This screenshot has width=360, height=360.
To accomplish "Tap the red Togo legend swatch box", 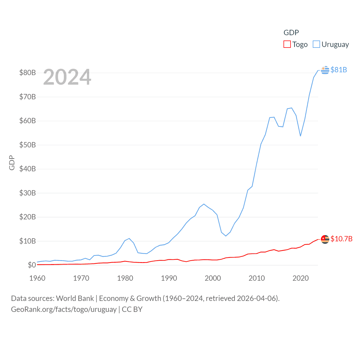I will [287, 44].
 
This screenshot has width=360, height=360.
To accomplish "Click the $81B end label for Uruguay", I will [339, 70].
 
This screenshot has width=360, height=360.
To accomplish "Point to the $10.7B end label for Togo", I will [341, 239].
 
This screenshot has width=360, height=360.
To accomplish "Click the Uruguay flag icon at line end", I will [325, 70].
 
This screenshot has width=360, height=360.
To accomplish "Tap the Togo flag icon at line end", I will [325, 239].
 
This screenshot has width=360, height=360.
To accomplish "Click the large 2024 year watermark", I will [67, 77].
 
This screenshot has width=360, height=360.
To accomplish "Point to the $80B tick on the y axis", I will [28, 73].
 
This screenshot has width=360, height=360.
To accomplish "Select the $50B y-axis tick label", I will [28, 145].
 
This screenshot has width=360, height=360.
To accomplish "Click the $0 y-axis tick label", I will [32, 265].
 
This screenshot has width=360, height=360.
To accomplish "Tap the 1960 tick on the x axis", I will [37, 278].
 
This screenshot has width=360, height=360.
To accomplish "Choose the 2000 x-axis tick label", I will [213, 278].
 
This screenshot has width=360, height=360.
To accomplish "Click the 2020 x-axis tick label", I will [301, 278].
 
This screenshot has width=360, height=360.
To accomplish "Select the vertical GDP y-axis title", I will [12, 163].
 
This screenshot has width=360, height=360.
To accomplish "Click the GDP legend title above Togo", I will [291, 33].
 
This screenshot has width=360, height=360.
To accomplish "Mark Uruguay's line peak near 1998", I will [204, 204].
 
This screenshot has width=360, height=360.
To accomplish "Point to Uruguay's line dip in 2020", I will [300, 136].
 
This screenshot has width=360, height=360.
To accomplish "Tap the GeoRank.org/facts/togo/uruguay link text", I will [64, 309].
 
